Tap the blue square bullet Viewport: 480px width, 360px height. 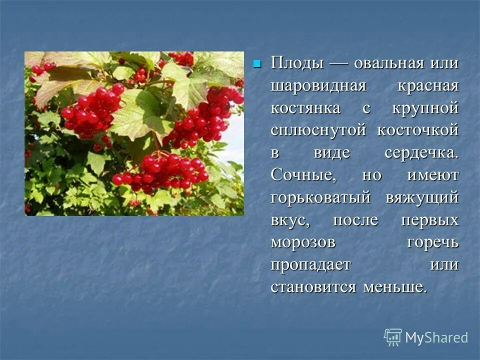coord(257,64)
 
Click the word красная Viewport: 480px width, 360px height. coord(428,85)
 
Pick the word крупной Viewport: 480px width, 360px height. coord(428,108)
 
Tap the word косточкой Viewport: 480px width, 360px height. coord(418,130)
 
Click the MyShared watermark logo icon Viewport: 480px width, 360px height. coord(392,337)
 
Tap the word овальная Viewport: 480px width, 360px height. coord(389,63)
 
